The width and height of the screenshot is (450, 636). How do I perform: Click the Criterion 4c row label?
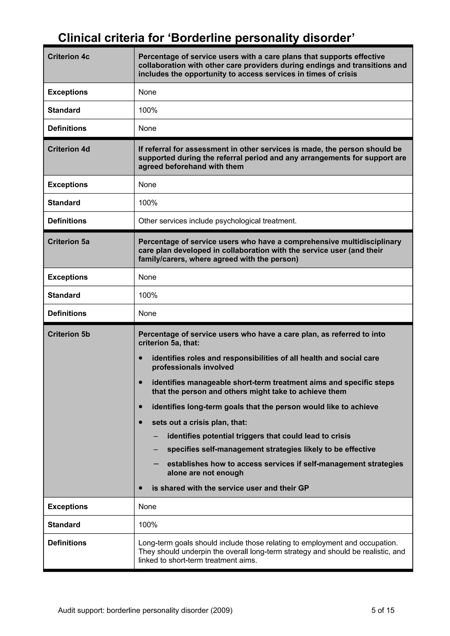click(x=69, y=56)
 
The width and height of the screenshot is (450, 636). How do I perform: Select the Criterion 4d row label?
click(x=69, y=149)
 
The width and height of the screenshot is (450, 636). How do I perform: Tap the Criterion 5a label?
click(x=69, y=242)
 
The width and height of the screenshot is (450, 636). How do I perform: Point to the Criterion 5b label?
click(x=69, y=334)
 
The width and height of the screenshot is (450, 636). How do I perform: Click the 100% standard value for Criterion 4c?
click(x=148, y=110)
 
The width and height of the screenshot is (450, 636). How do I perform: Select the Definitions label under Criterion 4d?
click(x=67, y=221)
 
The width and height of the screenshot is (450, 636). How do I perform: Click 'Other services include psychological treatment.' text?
click(x=217, y=221)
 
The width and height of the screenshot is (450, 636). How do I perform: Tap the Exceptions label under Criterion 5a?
click(x=67, y=277)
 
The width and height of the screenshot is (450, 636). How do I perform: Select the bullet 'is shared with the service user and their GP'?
click(x=230, y=488)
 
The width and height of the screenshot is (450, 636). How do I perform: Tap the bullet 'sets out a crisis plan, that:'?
click(x=199, y=422)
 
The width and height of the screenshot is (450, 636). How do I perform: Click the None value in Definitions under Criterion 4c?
click(x=147, y=128)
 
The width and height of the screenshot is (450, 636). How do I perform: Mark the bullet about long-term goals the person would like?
click(x=265, y=407)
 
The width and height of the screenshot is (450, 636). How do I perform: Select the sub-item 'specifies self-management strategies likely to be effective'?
click(x=271, y=449)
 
